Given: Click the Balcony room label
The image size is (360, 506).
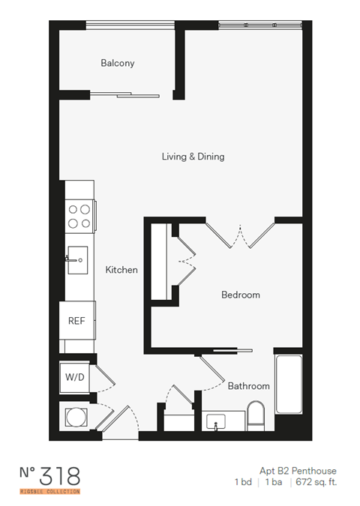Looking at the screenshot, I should pyautogui.click(x=118, y=64).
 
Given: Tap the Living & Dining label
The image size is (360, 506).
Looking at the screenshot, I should pyautogui.click(x=193, y=157).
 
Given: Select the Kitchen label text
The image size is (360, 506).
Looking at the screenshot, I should pyautogui.click(x=121, y=270).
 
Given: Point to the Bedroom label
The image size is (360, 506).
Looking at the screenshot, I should pyautogui.click(x=240, y=295).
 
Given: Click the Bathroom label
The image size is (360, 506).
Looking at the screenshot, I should pyautogui.click(x=248, y=386).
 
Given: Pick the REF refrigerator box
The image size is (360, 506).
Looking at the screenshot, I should pyautogui.click(x=76, y=321).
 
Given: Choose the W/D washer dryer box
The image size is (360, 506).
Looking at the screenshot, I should pyautogui.click(x=74, y=377).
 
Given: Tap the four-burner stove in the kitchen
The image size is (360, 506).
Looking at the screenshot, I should pyautogui.click(x=79, y=216).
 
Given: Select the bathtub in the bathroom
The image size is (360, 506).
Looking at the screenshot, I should pyautogui.click(x=289, y=384).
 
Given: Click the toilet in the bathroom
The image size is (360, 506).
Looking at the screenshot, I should pyautogui.click(x=256, y=415).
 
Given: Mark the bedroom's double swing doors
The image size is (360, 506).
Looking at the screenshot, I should pyautogui.click(x=240, y=234).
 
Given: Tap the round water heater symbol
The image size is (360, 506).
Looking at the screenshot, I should pyautogui.click(x=76, y=416).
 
